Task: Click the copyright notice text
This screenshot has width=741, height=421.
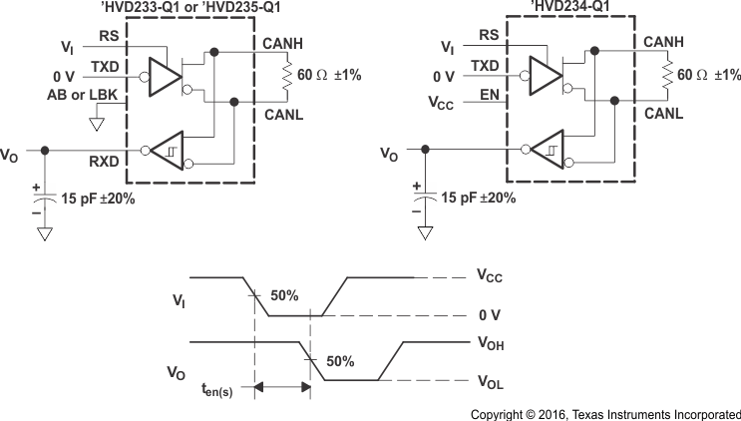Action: click(605, 412)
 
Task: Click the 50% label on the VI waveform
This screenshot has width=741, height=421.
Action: click(284, 296)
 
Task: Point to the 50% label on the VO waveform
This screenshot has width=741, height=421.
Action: click(340, 361)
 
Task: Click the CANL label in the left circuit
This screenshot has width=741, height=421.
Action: click(282, 115)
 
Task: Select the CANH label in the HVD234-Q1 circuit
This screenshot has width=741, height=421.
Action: click(662, 40)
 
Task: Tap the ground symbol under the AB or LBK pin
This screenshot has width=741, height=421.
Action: click(97, 125)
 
